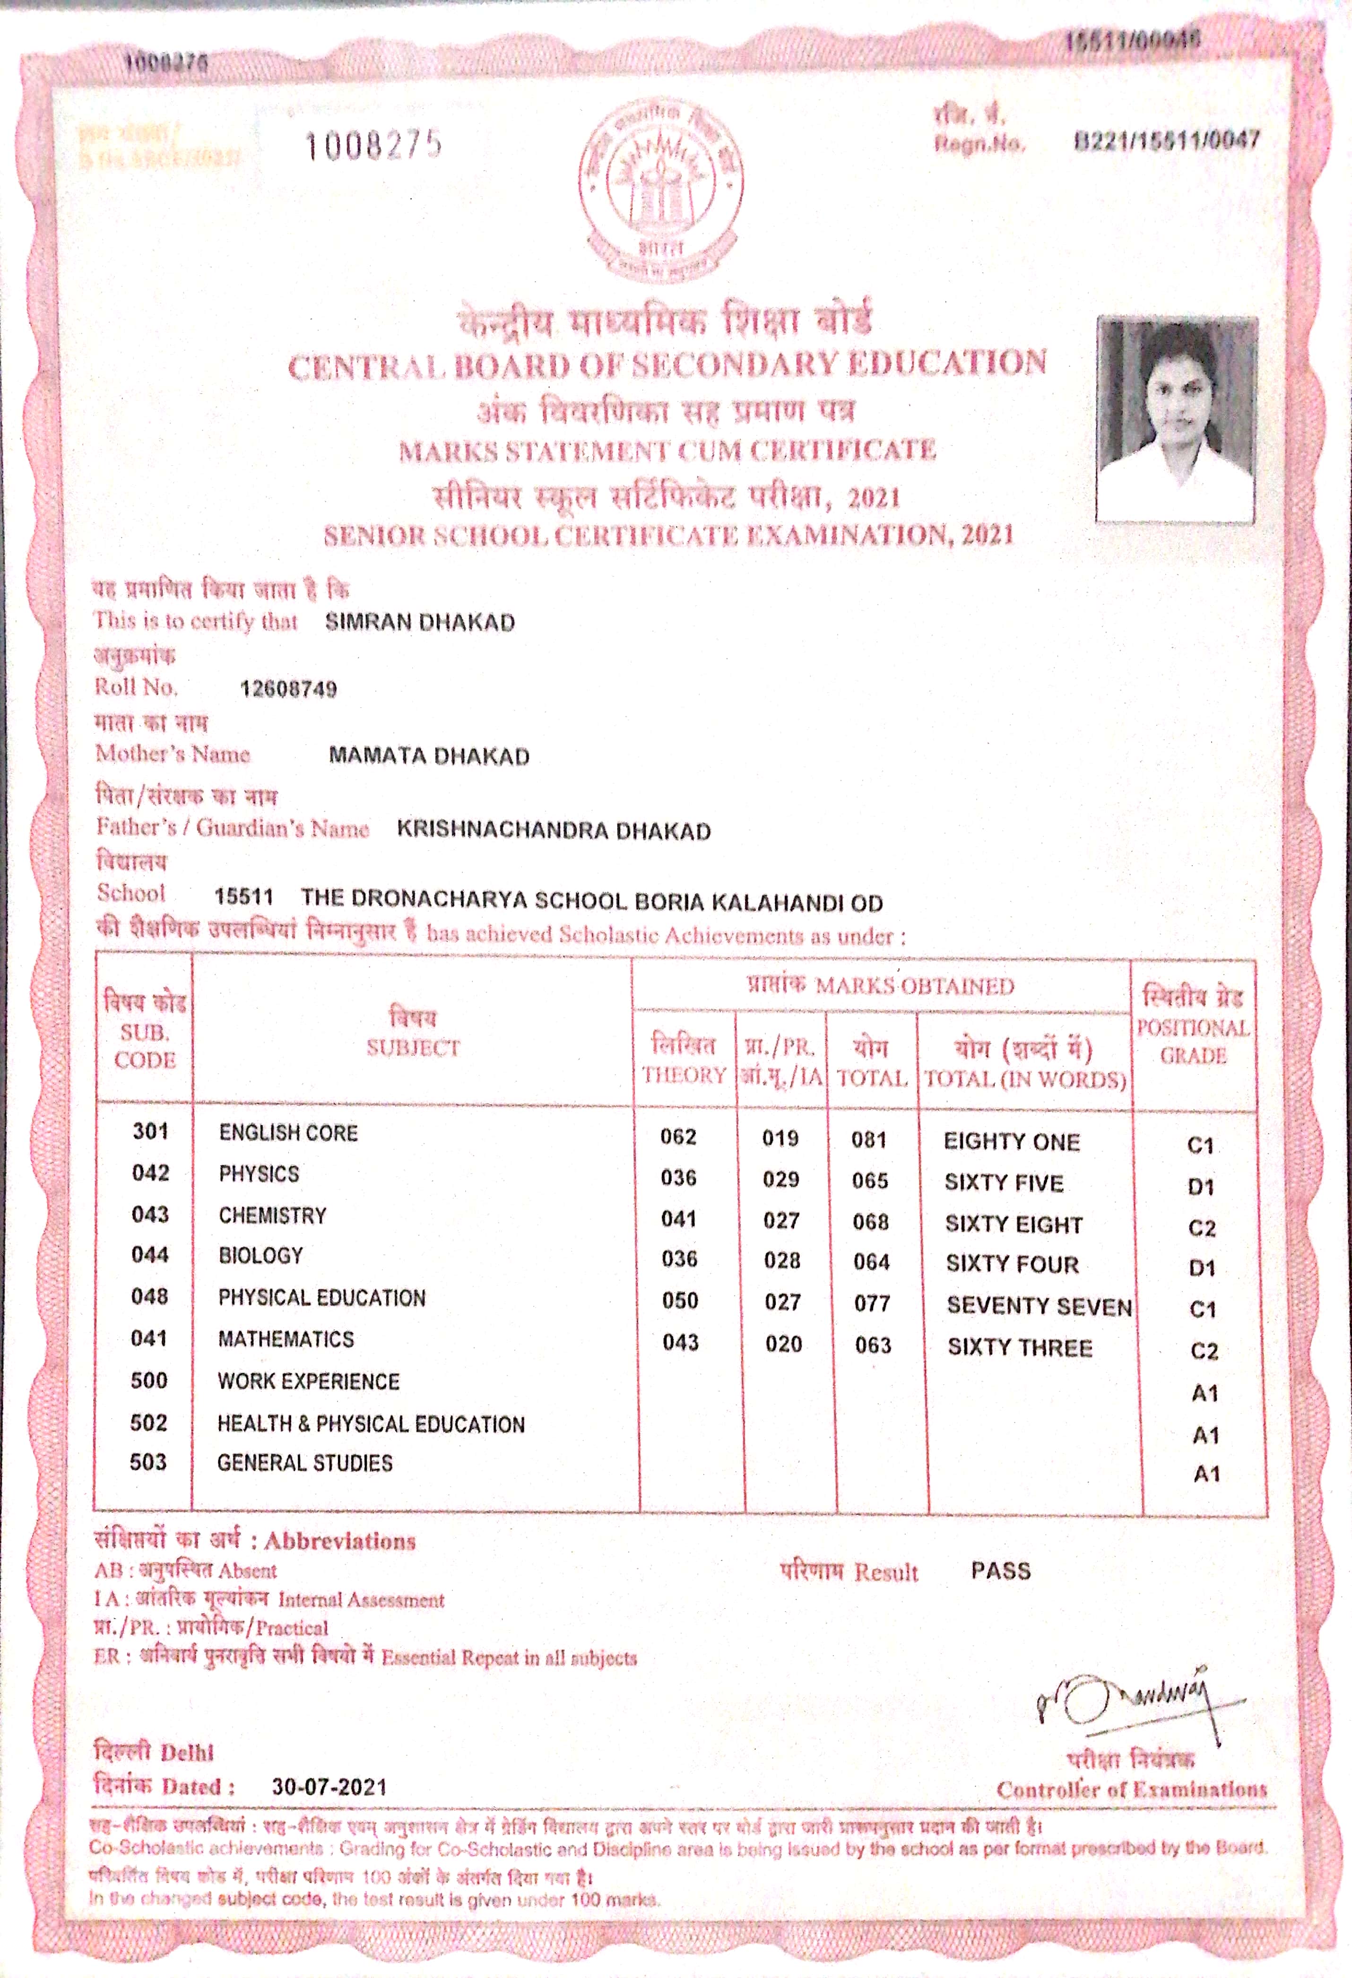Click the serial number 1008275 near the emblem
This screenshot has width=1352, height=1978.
pos(373,146)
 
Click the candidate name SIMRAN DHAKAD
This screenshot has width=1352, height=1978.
pos(419,622)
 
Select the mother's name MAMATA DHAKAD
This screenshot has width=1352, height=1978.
pos(429,756)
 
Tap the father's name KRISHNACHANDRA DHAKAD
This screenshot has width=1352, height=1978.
pos(553,831)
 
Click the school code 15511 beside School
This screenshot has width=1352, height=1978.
pos(243,897)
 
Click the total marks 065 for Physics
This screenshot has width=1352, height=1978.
pos(869,1180)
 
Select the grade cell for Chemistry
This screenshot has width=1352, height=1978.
pos(1201,1227)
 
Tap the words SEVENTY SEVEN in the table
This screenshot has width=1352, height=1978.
pos(1039,1306)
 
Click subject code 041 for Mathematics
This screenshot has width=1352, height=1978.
pos(149,1338)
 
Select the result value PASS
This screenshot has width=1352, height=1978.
pos(1001,1570)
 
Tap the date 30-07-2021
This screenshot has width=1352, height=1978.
pos(329,1787)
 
